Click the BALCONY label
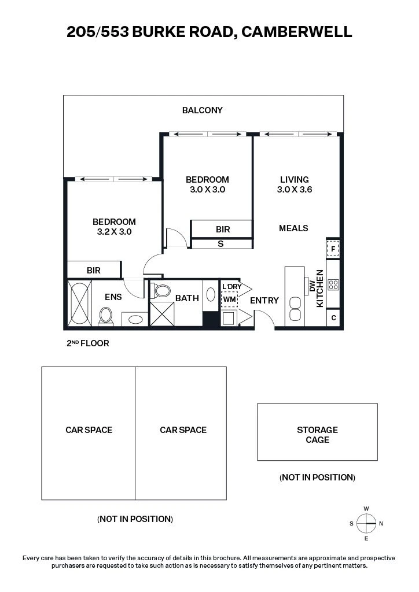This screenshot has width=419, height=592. point(202,110)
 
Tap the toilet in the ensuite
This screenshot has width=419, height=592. point(106,316)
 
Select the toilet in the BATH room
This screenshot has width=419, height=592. point(161,290)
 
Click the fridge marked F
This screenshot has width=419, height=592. point(333,249)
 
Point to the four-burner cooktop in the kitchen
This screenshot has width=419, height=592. point(333,284)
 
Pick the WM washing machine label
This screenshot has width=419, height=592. point(229,299)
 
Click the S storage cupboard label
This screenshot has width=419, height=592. point(220,244)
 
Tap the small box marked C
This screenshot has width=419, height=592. point(333,318)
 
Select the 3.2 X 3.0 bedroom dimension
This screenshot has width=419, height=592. point(114,232)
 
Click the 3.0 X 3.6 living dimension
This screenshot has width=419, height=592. point(295,190)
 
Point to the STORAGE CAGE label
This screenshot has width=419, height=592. point(317,435)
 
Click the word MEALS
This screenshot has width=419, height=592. point(293,228)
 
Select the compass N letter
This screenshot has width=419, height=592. point(381,523)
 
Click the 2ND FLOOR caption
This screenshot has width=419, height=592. point(87,343)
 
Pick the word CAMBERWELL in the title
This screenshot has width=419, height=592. point(296,32)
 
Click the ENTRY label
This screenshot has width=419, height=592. point(264,301)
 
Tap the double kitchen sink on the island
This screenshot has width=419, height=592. point(295,309)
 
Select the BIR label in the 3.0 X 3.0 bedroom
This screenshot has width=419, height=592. point(223,229)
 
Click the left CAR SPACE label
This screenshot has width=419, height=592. point(89,430)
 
